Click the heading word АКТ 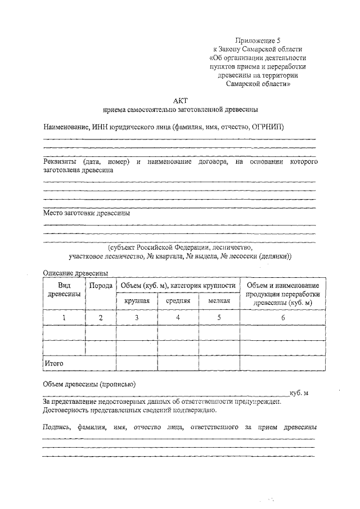point(180,100)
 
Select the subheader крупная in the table point(136,301)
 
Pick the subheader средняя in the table point(178,301)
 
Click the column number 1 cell point(64,318)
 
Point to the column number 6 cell point(283,318)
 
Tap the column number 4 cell point(178,318)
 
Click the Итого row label point(55,364)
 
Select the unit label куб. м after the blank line point(299,393)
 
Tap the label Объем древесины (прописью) point(89,385)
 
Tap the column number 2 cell point(101,318)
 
